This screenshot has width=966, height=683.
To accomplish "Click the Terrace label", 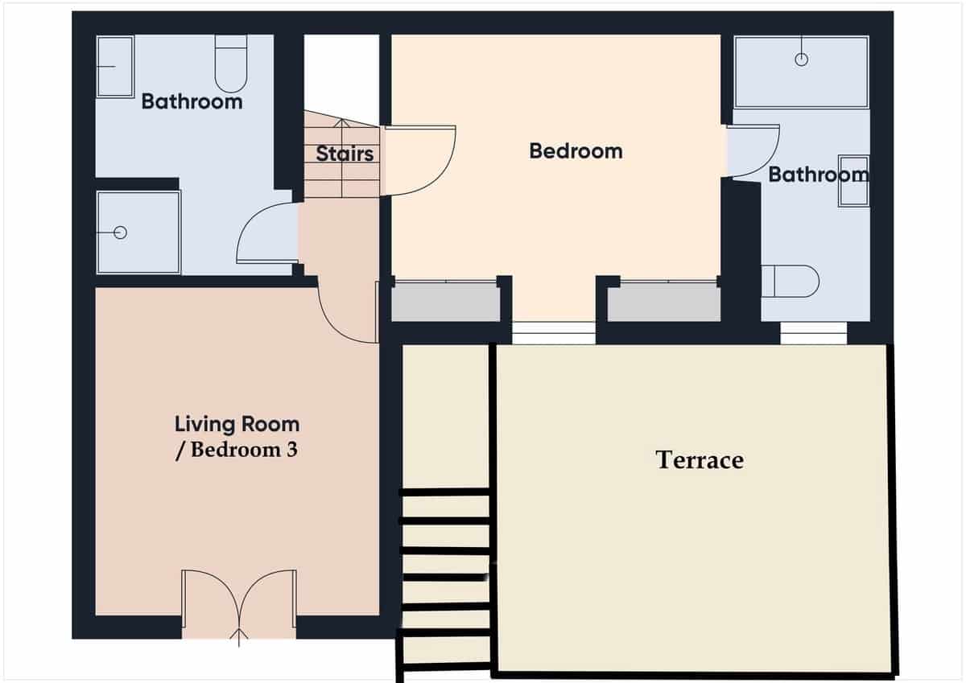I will (x=700, y=459).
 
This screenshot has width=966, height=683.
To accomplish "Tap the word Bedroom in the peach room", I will (x=576, y=150).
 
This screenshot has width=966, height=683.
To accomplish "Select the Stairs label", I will (x=345, y=153).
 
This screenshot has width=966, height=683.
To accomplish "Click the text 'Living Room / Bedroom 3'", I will (x=237, y=436).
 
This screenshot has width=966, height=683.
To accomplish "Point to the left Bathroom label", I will (x=192, y=101).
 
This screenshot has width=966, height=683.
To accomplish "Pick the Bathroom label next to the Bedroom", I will (x=818, y=174).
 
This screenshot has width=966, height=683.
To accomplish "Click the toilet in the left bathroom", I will (x=231, y=64).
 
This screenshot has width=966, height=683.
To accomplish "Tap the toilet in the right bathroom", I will (x=790, y=282).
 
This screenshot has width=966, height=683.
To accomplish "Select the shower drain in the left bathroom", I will (x=121, y=232).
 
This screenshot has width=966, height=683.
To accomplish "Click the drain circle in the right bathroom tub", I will (x=801, y=59).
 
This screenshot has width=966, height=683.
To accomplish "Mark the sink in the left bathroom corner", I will (x=115, y=67).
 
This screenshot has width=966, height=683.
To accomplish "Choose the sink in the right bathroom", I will (x=853, y=180).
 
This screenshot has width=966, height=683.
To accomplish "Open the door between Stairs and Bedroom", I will (x=419, y=161).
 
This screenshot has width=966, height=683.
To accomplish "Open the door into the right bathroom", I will (x=753, y=150).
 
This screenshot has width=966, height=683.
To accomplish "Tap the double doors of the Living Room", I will (x=239, y=599).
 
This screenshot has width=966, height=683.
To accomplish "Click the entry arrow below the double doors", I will (x=239, y=636).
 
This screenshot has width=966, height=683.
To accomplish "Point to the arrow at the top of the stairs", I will (x=341, y=124).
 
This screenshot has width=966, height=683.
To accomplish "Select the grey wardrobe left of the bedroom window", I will (x=445, y=302).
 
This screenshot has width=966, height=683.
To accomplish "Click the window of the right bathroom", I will (x=813, y=332).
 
